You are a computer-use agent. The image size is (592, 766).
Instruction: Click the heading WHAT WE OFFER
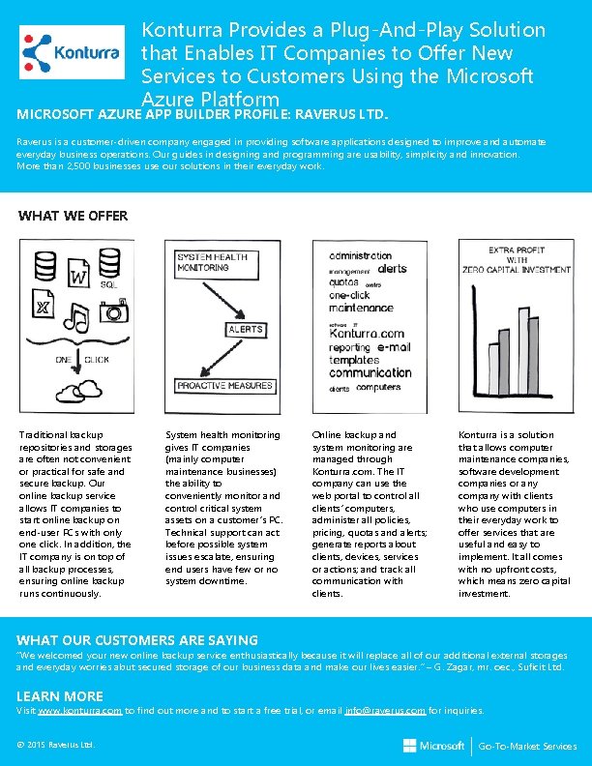(74, 216)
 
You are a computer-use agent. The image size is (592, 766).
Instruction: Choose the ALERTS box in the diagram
(246, 330)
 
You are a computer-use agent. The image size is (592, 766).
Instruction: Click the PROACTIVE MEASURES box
(224, 386)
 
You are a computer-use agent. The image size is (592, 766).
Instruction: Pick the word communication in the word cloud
(370, 372)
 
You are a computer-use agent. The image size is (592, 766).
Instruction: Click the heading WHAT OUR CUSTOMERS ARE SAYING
(138, 640)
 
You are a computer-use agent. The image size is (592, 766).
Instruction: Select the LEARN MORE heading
(60, 696)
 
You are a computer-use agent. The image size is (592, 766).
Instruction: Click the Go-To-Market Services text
(528, 747)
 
